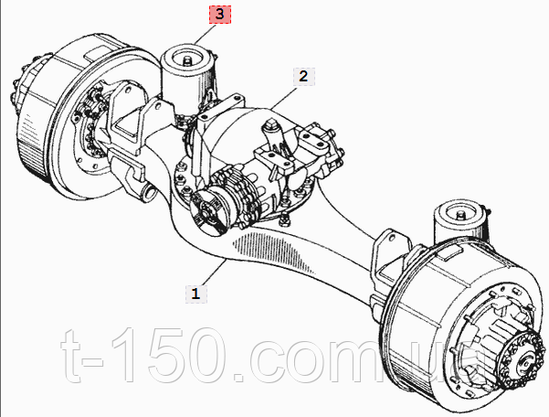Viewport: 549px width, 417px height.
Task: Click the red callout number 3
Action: click(219, 14)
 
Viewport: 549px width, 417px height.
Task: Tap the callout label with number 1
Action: click(194, 294)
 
